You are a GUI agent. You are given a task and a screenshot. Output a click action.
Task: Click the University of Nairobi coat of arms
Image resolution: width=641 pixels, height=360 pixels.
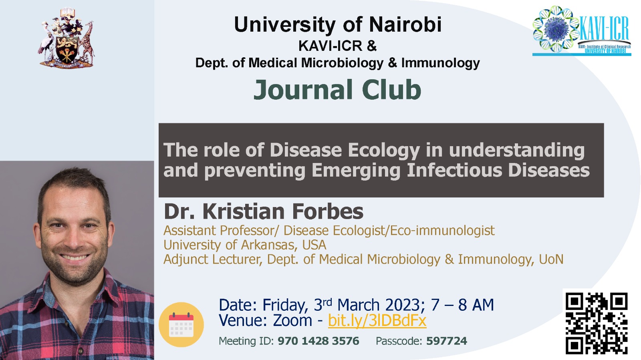pos(66,38)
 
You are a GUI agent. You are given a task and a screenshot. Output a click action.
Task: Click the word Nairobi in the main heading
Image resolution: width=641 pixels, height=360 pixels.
pos(405,24)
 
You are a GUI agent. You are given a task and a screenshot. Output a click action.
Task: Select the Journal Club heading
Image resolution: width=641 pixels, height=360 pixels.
pos(337,90)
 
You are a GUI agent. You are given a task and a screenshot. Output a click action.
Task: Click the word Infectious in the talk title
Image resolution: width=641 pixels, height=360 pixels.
pos(454,170)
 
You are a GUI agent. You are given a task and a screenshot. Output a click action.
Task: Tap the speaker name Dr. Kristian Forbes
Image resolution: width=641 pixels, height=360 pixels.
pos(264,211)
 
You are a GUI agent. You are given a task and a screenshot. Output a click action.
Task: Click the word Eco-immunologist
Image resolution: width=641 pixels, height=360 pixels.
pos(442,231)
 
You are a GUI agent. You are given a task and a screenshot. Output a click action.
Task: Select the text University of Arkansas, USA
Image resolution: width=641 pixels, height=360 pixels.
pos(245,245)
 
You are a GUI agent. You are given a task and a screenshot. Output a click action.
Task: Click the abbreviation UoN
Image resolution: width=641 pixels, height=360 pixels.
pos(551,259)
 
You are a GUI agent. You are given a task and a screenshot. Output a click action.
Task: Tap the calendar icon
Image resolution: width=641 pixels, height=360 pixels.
pos(181,324)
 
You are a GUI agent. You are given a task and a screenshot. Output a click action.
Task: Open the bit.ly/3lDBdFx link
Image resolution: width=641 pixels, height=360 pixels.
pos(377,320)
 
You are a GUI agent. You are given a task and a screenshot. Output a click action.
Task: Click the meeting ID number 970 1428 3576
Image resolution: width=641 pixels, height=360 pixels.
pos(318,341)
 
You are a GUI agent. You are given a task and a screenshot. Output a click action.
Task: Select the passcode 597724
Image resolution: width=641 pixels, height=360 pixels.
pos(446,341)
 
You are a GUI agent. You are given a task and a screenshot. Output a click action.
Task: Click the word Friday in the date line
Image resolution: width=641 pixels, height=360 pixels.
pos(285,306)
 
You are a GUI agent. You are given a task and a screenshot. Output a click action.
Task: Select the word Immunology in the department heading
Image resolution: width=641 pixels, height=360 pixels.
pos(440,63)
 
